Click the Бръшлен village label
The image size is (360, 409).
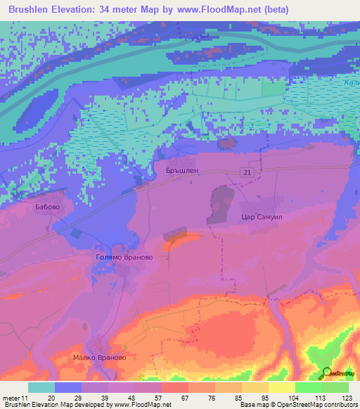pyautogui.click(x=183, y=171)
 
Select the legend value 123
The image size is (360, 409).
pyautogui.click(x=346, y=397)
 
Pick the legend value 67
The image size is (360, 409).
pyautogui.click(x=185, y=397)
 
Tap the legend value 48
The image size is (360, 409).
pyautogui.click(x=130, y=397)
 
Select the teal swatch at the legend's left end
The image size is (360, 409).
pyautogui.click(x=41, y=387)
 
